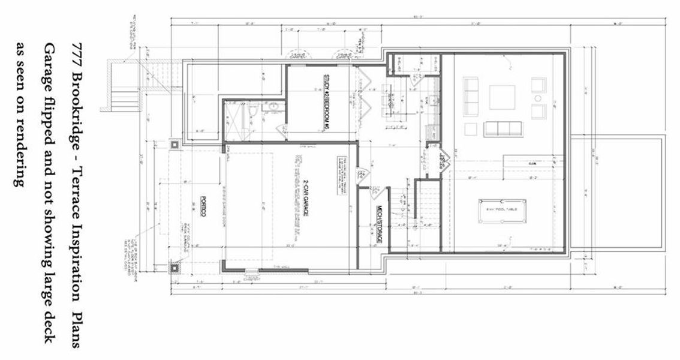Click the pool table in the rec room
coord(503,211)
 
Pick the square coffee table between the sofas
coord(502,97)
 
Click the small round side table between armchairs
coord(538,98)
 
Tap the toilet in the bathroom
coord(254,110)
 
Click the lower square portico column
coord(174,268)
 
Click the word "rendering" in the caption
coord(22,156)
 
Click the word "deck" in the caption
coord(50,327)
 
